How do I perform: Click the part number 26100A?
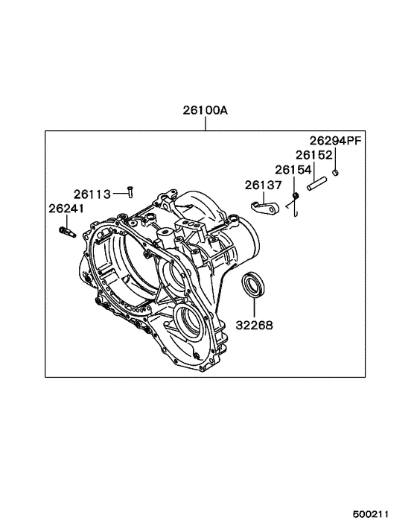(206, 111)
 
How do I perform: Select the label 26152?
(313, 155)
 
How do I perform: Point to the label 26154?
(293, 169)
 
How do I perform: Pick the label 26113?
(92, 194)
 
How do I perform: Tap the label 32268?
(255, 325)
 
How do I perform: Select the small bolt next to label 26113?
(130, 191)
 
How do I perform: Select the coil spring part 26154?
(295, 197)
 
